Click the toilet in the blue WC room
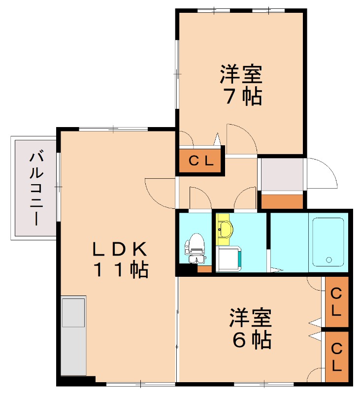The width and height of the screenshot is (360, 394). click(x=195, y=248)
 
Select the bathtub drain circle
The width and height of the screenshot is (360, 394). click(x=328, y=260)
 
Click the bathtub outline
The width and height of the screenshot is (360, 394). click(x=328, y=242)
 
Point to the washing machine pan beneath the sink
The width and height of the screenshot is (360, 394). click(x=229, y=259)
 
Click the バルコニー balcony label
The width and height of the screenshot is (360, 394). click(x=36, y=187)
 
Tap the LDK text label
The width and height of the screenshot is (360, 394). click(x=120, y=249)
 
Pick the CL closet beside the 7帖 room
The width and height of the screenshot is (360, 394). click(x=200, y=161)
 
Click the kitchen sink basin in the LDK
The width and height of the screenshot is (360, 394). click(x=73, y=313)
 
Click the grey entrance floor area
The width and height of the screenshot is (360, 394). click(x=282, y=174)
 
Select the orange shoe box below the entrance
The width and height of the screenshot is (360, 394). click(x=282, y=201)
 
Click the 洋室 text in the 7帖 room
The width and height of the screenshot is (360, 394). click(x=241, y=74)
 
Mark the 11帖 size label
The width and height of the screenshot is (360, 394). click(x=121, y=270)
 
